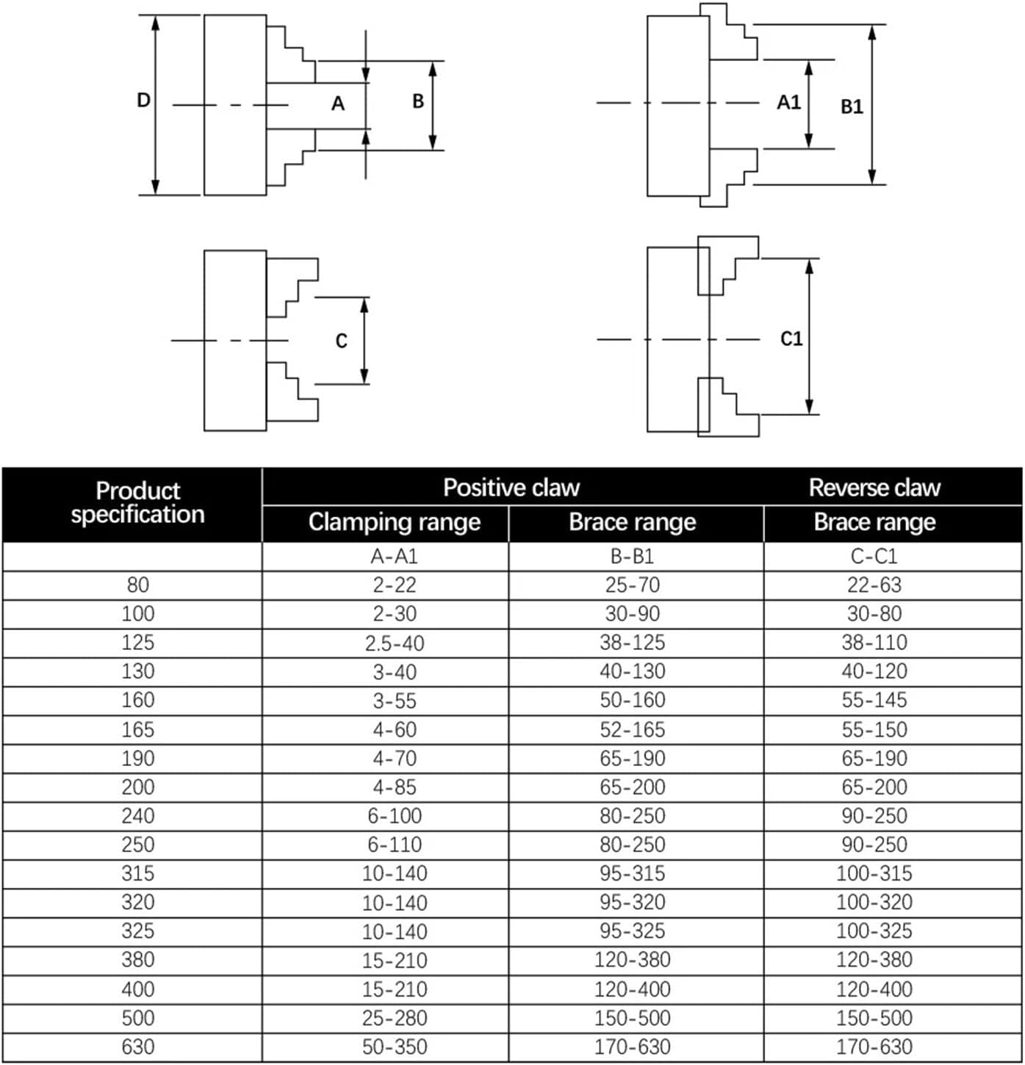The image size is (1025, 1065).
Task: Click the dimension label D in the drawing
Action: click(144, 100)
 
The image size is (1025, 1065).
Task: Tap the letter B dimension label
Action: click(418, 101)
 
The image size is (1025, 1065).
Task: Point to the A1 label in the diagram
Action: click(788, 102)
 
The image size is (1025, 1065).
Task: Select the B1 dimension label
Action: click(852, 106)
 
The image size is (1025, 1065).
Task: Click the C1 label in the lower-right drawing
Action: click(791, 339)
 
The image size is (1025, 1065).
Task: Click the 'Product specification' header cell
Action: click(137, 502)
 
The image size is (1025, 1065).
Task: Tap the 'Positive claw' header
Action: click(511, 487)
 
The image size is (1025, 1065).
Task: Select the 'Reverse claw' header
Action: click(874, 487)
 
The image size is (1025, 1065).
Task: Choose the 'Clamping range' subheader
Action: click(395, 522)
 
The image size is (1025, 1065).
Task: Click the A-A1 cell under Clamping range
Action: click(395, 556)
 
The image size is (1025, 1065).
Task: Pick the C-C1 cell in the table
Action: click(874, 556)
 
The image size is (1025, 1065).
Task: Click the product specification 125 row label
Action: click(138, 643)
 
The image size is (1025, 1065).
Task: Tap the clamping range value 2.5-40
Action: click(395, 643)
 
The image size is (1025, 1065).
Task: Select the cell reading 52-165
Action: click(633, 729)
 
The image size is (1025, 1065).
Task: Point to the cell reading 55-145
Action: click(874, 700)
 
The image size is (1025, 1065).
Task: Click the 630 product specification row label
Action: click(138, 1047)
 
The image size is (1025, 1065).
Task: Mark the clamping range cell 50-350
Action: click(395, 1047)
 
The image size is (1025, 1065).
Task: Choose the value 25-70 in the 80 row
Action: click(633, 585)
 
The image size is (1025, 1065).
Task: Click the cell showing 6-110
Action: click(395, 845)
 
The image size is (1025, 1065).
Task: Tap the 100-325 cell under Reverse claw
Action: click(874, 931)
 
